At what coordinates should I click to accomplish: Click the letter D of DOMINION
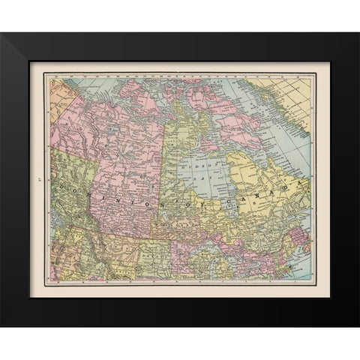pyautogui.click(x=58, y=178)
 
